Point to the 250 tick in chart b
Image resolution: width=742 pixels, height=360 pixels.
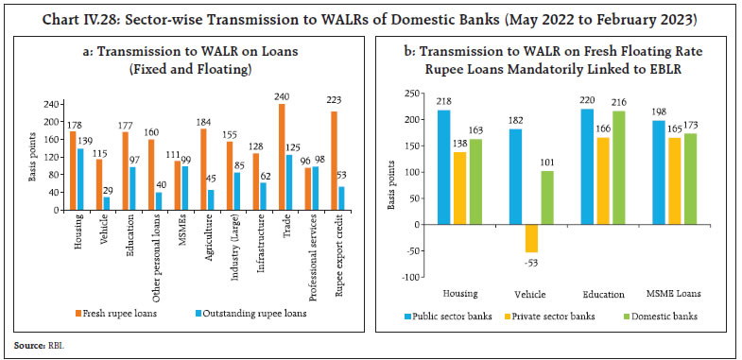(x=410, y=94)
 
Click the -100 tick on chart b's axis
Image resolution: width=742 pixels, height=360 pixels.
(x=408, y=277)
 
